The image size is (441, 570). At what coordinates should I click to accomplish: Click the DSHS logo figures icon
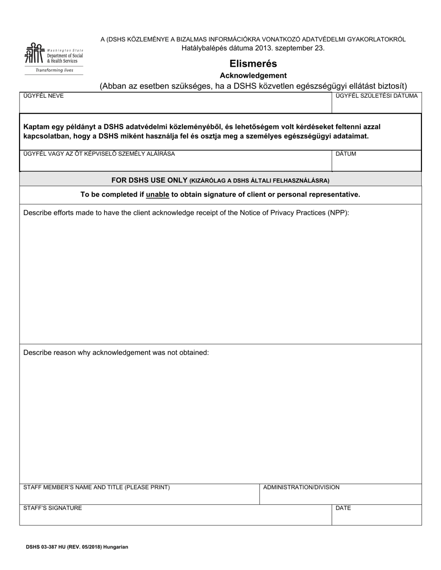pos(35,53)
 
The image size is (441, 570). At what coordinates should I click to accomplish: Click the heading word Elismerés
pos(253,63)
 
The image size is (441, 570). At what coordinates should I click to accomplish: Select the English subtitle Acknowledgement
pos(253,76)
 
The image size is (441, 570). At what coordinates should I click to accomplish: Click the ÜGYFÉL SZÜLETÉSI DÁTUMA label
pos(376,96)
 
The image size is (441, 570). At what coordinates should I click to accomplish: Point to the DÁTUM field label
pos(346,154)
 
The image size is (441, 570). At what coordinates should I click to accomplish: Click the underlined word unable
pos(157,195)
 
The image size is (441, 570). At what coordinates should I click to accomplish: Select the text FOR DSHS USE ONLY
pos(149,180)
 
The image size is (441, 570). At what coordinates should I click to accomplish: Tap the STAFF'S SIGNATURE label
pos(52,508)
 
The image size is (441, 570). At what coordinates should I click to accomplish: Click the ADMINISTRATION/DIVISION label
pos(301,488)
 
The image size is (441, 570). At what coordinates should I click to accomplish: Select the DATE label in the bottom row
pos(343,508)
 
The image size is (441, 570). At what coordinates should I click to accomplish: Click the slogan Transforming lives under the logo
pos(55,70)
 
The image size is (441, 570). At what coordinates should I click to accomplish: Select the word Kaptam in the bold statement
pos(35,127)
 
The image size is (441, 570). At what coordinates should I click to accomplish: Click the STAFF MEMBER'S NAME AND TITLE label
pos(97,488)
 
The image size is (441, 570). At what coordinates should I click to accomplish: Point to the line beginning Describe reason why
pos(116,353)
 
